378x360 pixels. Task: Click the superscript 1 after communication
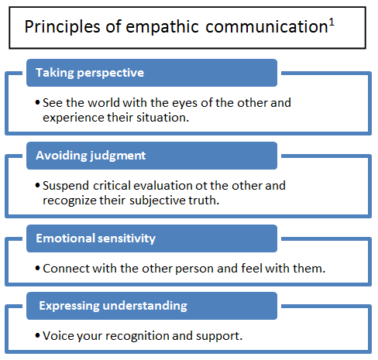332,23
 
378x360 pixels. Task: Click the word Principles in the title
62,27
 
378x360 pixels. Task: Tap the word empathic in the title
162,27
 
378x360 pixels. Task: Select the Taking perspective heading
90,73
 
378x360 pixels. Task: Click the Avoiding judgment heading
91,156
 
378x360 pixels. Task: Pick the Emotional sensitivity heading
95,238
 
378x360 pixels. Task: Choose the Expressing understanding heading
113,306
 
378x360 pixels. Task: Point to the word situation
163,118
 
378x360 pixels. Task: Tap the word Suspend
66,187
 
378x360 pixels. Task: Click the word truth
204,200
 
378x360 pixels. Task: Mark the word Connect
66,269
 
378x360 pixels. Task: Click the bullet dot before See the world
38,103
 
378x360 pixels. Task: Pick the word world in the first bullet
103,103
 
